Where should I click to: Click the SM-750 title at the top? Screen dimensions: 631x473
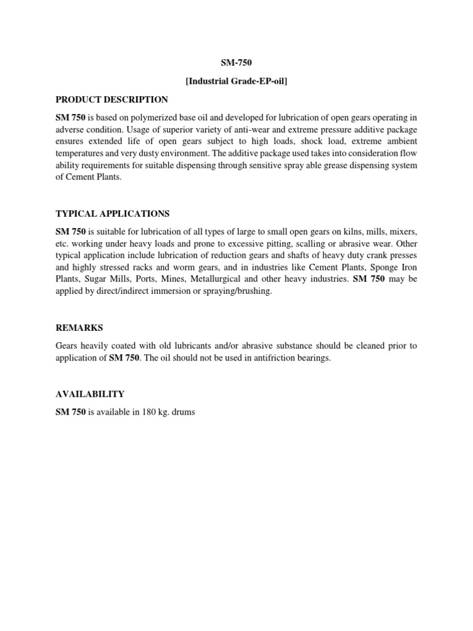click(237, 63)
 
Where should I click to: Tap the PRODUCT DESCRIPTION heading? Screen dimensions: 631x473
click(111, 99)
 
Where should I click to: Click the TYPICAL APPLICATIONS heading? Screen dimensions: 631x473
click(113, 213)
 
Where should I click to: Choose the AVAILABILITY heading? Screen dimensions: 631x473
click(90, 394)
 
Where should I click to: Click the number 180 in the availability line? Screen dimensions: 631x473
click(141, 412)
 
